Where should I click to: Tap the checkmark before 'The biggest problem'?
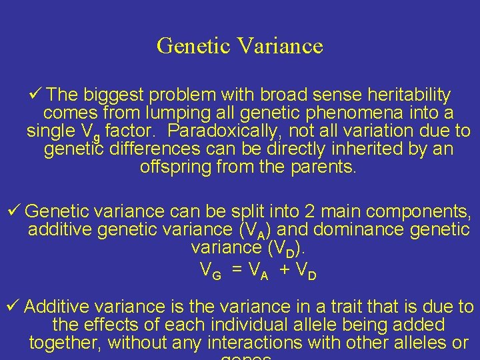tap(37, 95)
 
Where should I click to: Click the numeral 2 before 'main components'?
tap(311, 212)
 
